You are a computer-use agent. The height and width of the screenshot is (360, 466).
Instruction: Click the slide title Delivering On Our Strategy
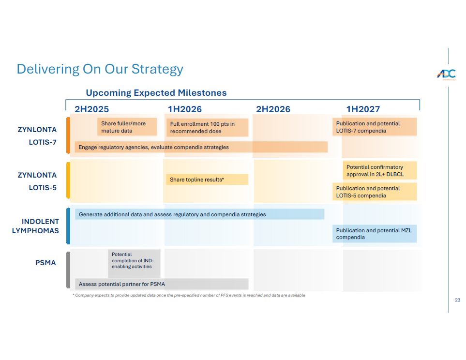tap(100, 69)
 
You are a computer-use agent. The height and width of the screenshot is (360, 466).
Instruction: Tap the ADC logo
tap(446, 74)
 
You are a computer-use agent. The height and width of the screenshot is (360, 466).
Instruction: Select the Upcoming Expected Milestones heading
tap(156, 93)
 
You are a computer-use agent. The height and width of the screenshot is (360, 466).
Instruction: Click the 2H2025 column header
tap(91, 109)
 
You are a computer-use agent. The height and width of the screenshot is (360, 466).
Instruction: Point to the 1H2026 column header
tap(184, 109)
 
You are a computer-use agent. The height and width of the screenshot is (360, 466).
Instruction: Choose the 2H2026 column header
tap(273, 109)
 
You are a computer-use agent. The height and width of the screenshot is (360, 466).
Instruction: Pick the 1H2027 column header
tap(363, 109)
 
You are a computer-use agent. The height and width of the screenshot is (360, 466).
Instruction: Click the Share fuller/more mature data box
tap(127, 127)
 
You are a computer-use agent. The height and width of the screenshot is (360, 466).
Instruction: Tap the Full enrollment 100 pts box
tap(207, 128)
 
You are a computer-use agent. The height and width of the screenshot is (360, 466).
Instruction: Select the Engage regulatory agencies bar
tap(201, 147)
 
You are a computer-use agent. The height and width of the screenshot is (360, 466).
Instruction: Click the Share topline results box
tap(207, 180)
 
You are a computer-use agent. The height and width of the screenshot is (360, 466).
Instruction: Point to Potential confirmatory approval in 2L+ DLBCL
tap(379, 171)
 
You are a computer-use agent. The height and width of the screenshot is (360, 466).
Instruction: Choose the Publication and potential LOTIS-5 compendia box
tap(375, 192)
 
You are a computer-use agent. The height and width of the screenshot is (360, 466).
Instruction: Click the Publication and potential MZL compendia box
tap(375, 234)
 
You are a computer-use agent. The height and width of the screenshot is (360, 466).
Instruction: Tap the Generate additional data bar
tap(199, 214)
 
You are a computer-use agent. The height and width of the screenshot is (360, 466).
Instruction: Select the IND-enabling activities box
tap(135, 263)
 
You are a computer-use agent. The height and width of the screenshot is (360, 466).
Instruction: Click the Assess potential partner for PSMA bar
tap(161, 284)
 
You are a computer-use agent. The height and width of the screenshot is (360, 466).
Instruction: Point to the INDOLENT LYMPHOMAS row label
tap(35, 226)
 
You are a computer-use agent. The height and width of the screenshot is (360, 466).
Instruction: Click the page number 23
tap(457, 300)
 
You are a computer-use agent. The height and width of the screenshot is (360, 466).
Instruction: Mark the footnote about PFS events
tap(189, 295)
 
